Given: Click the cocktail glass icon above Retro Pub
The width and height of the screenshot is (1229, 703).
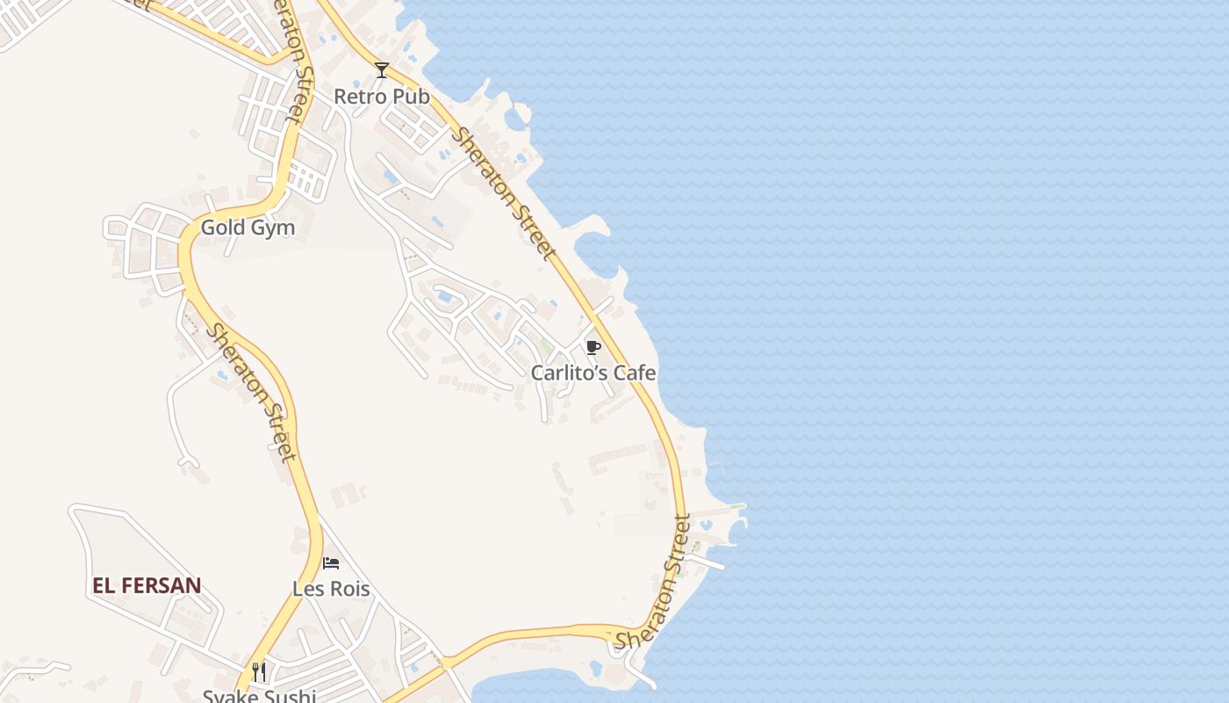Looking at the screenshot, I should (381, 70).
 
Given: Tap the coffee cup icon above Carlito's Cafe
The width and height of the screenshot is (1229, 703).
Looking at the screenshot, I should (593, 347).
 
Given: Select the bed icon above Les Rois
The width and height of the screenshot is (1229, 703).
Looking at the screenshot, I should (331, 562).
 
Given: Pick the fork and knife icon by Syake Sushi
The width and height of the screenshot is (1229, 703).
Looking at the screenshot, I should (259, 672).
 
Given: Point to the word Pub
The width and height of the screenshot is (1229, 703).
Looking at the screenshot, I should (412, 97).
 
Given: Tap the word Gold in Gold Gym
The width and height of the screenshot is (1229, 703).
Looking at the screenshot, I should (221, 228).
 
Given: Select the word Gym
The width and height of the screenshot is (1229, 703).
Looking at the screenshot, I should (272, 228).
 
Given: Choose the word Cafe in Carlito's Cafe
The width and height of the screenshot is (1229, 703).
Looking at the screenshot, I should (634, 373).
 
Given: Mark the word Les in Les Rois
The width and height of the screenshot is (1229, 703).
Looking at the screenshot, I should (308, 589).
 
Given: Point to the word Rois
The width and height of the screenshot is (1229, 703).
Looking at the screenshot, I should (350, 589).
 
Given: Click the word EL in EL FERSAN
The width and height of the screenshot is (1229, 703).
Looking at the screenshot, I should (104, 585).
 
